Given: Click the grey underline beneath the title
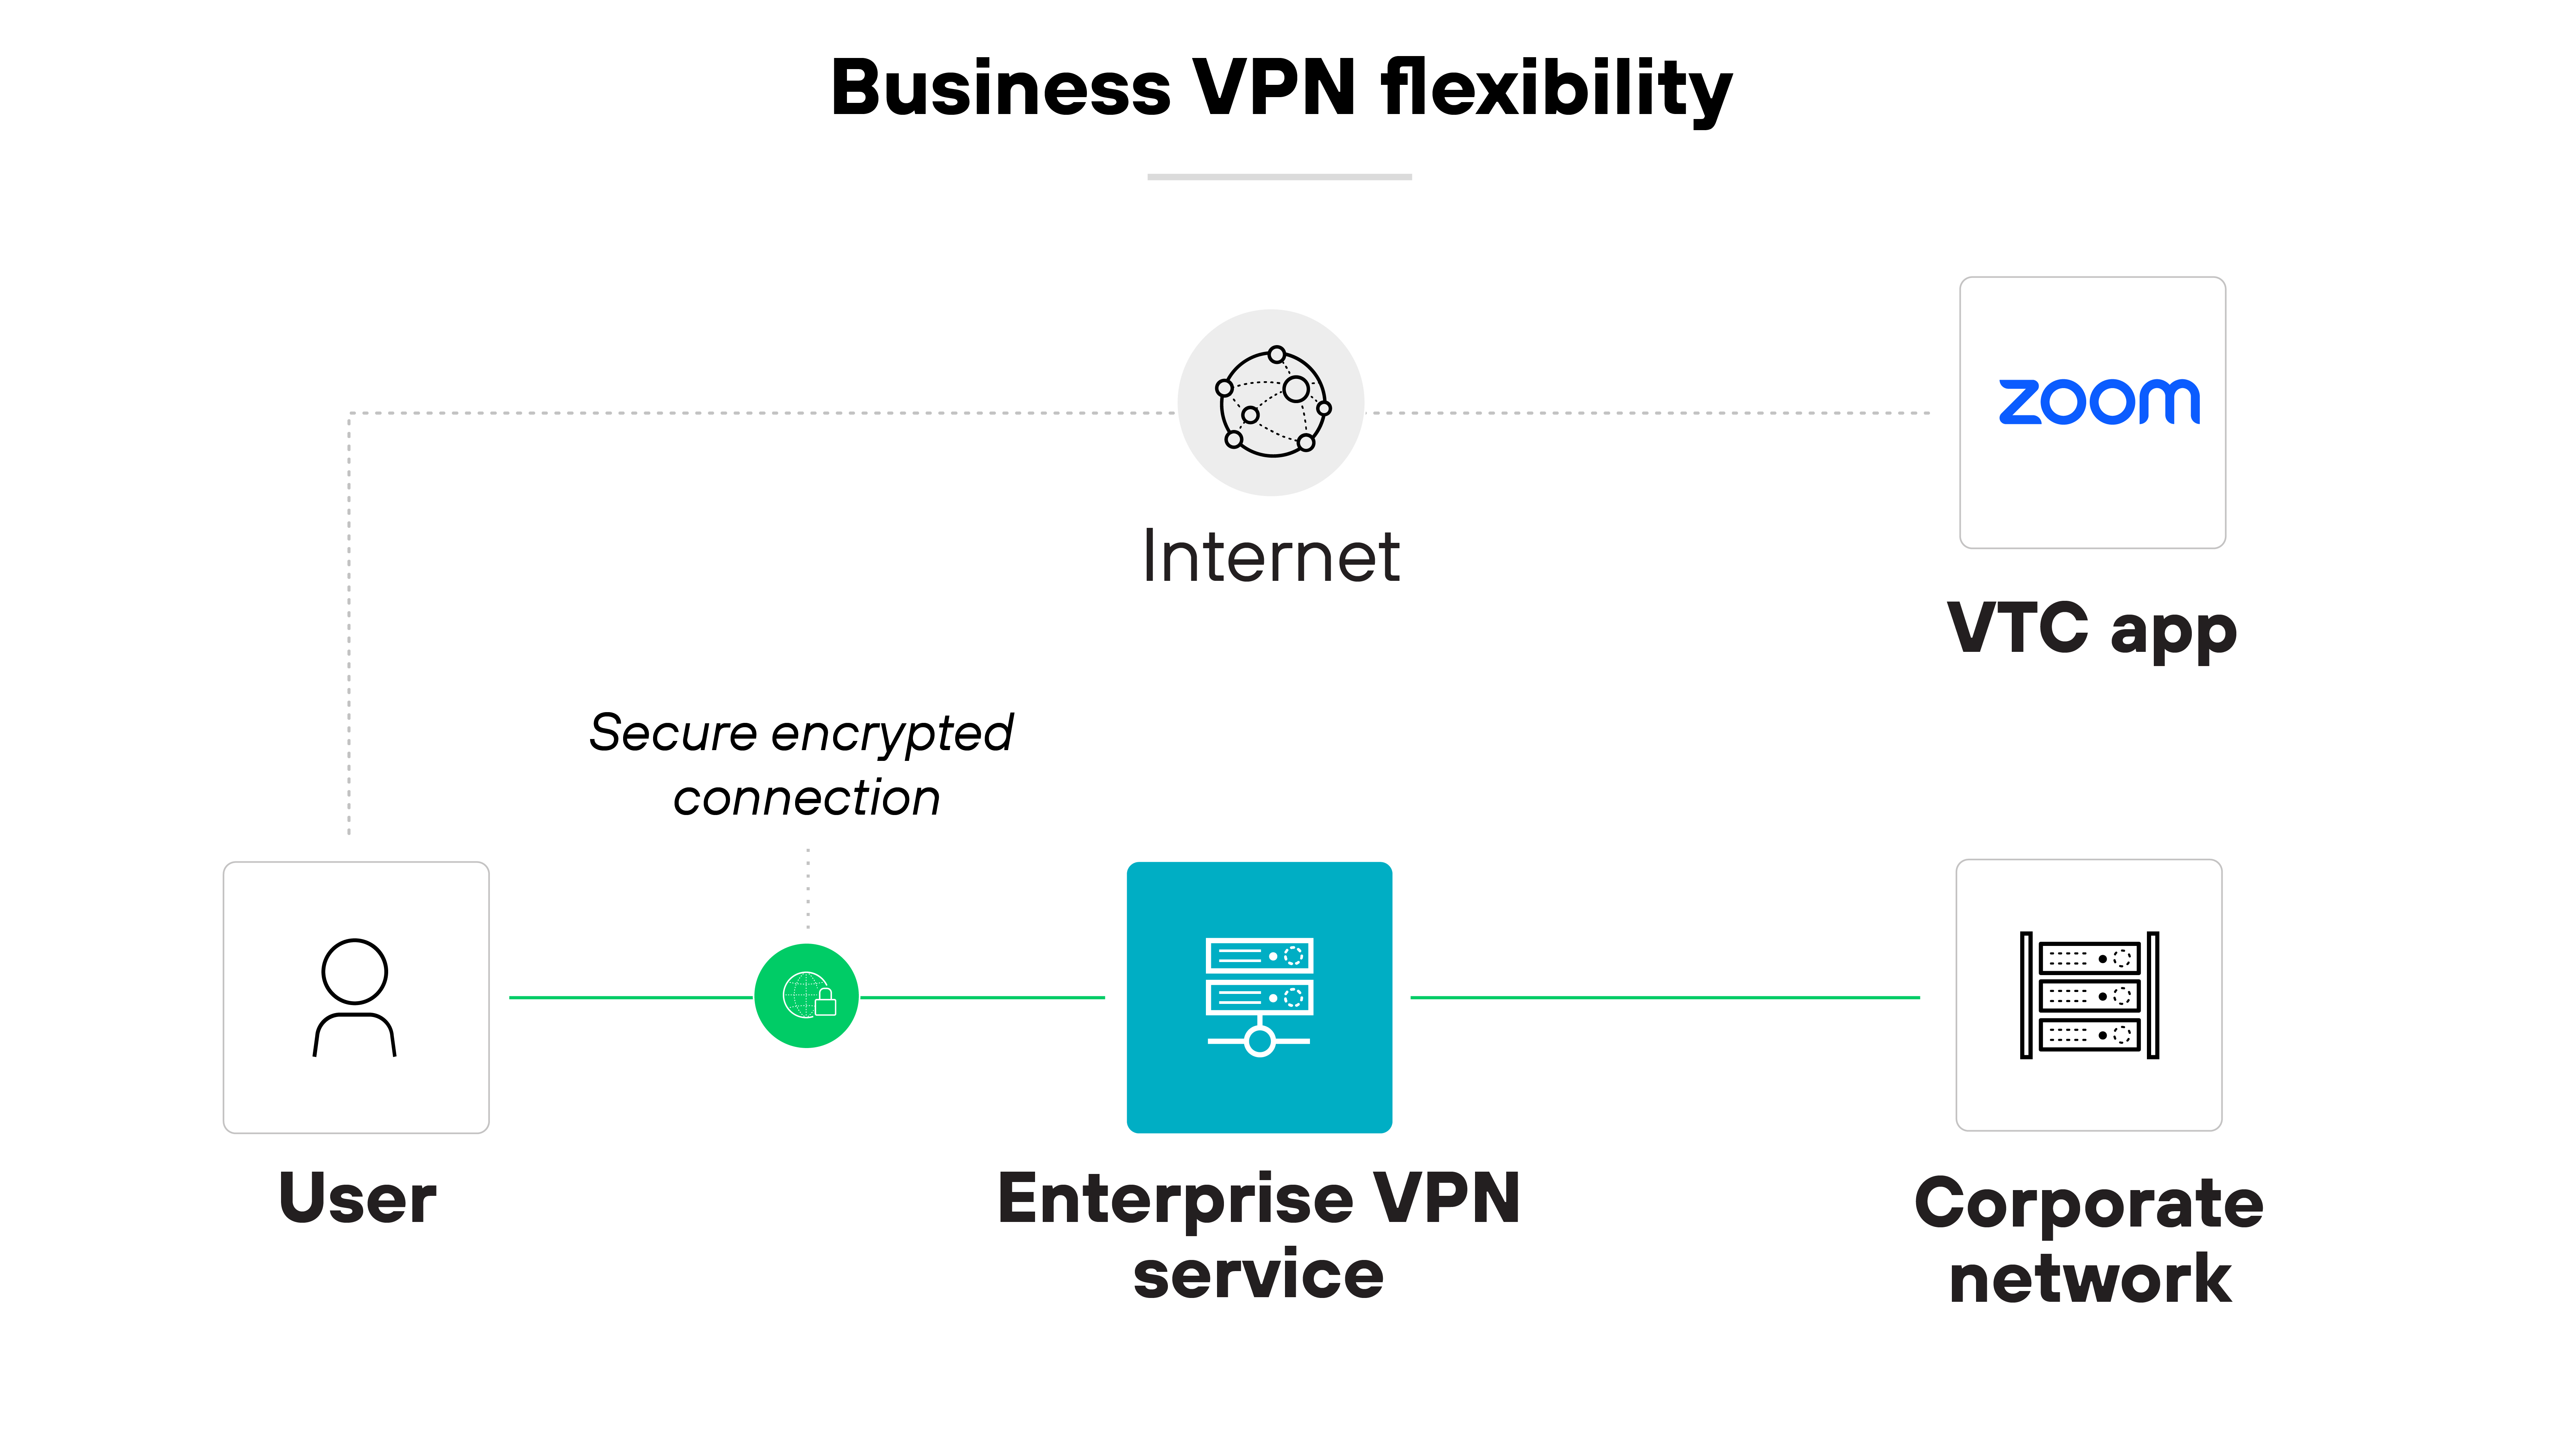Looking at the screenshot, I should point(1279,177).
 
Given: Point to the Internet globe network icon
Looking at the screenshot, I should point(1272,402).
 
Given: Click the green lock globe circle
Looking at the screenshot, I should point(806,996).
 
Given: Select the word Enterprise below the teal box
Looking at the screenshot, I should point(1175,1200).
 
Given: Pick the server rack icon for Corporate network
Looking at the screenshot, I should point(2089,996).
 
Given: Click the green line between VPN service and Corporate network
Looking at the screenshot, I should point(1665,997).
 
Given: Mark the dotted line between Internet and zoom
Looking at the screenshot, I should point(1650,412).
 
